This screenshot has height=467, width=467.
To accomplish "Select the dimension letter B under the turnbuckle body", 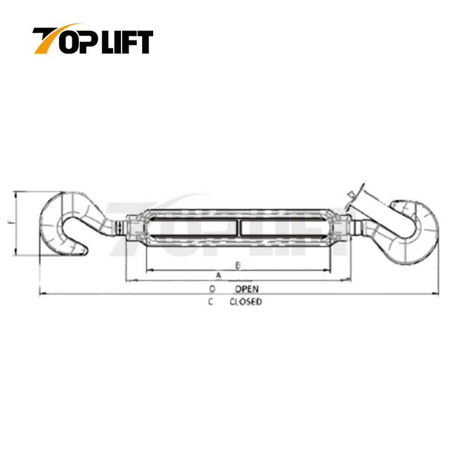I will pos(238,265).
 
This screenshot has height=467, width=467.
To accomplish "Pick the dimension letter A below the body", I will pos(218,275).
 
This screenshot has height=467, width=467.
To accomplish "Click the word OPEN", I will pos(247,289).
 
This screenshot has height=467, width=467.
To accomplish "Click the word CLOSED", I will pos(246,302).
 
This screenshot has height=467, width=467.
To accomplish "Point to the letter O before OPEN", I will pos(212,289).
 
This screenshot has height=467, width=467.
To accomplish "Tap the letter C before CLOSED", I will pos(211,302).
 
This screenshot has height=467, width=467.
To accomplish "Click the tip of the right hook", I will pos(395,204).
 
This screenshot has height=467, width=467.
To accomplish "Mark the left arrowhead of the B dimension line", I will pos(148,270).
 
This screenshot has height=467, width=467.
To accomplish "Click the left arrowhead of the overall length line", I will pos(41,294).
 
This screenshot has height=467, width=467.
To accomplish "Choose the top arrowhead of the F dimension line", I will pos(17,193).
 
